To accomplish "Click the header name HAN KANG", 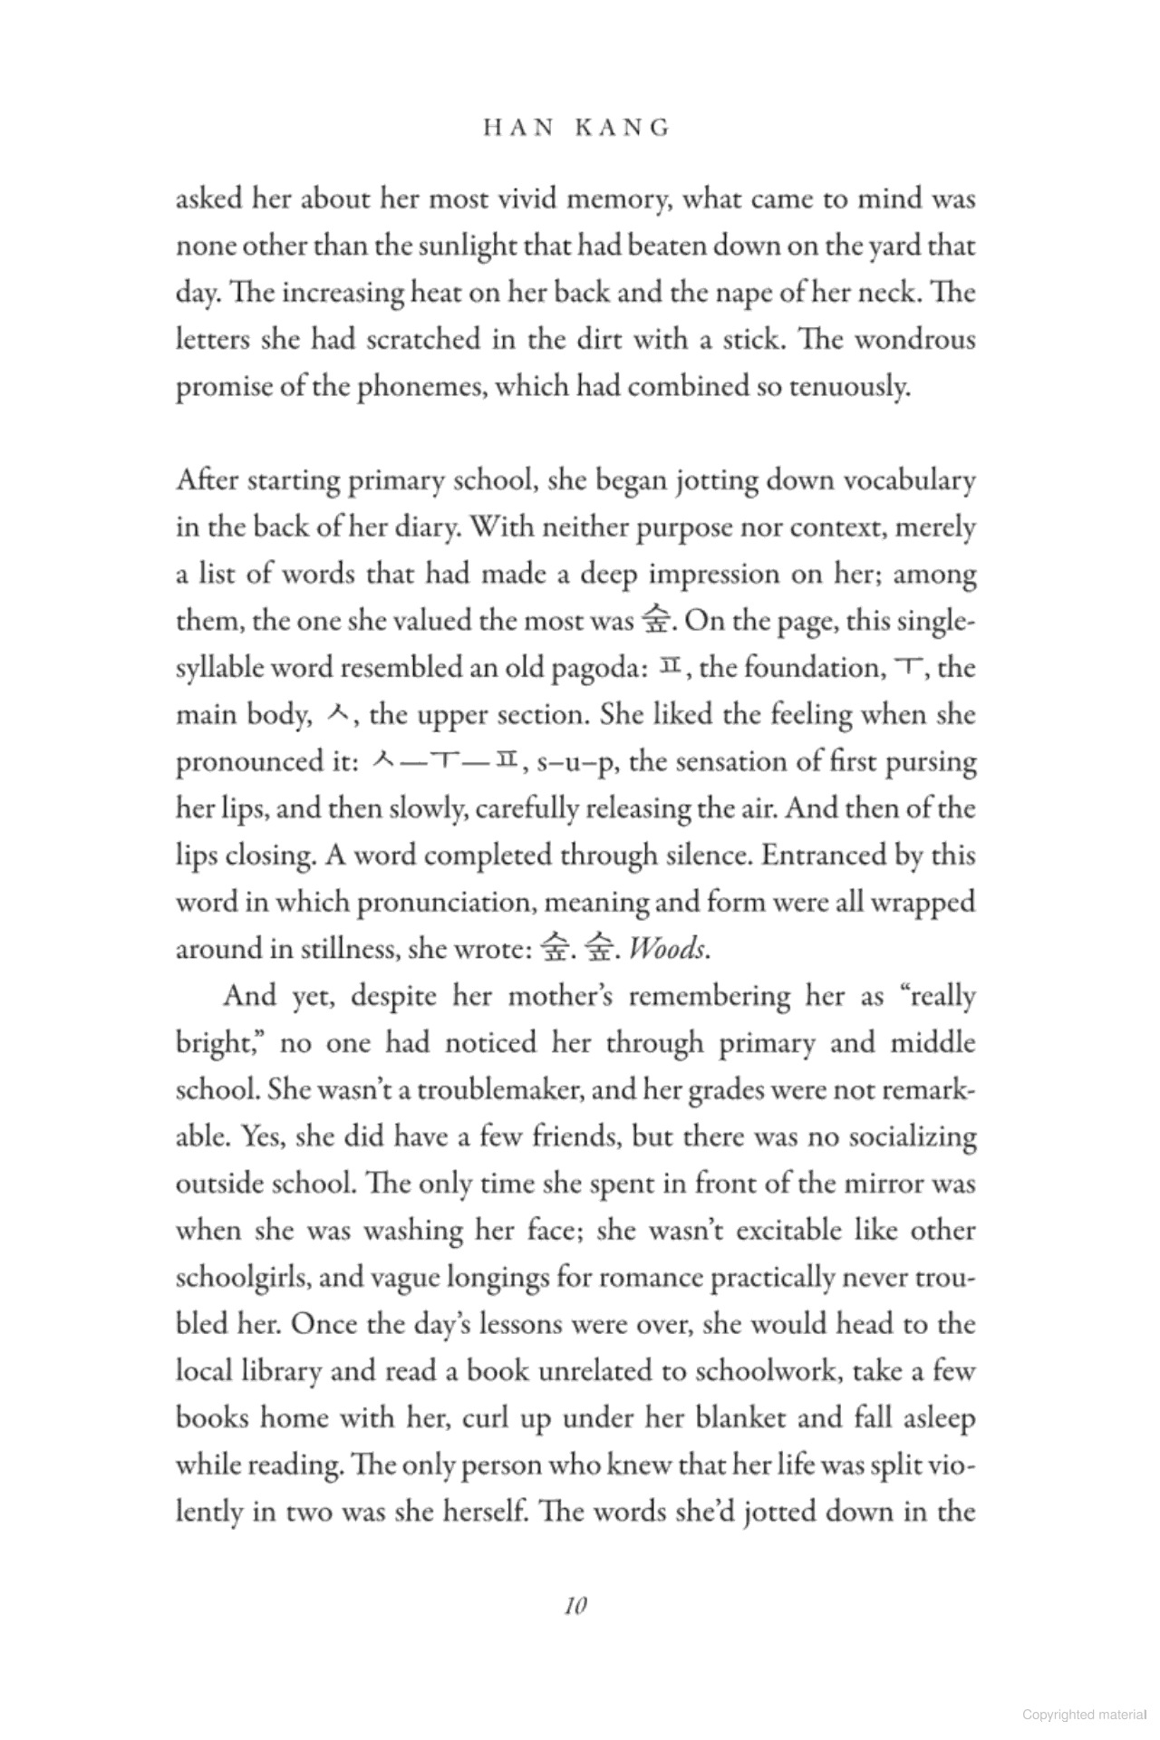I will coord(577,128).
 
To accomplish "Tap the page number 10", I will coord(575,1606).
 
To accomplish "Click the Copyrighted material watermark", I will coord(1083,1714).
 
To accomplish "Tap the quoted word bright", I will coord(217,1043).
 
